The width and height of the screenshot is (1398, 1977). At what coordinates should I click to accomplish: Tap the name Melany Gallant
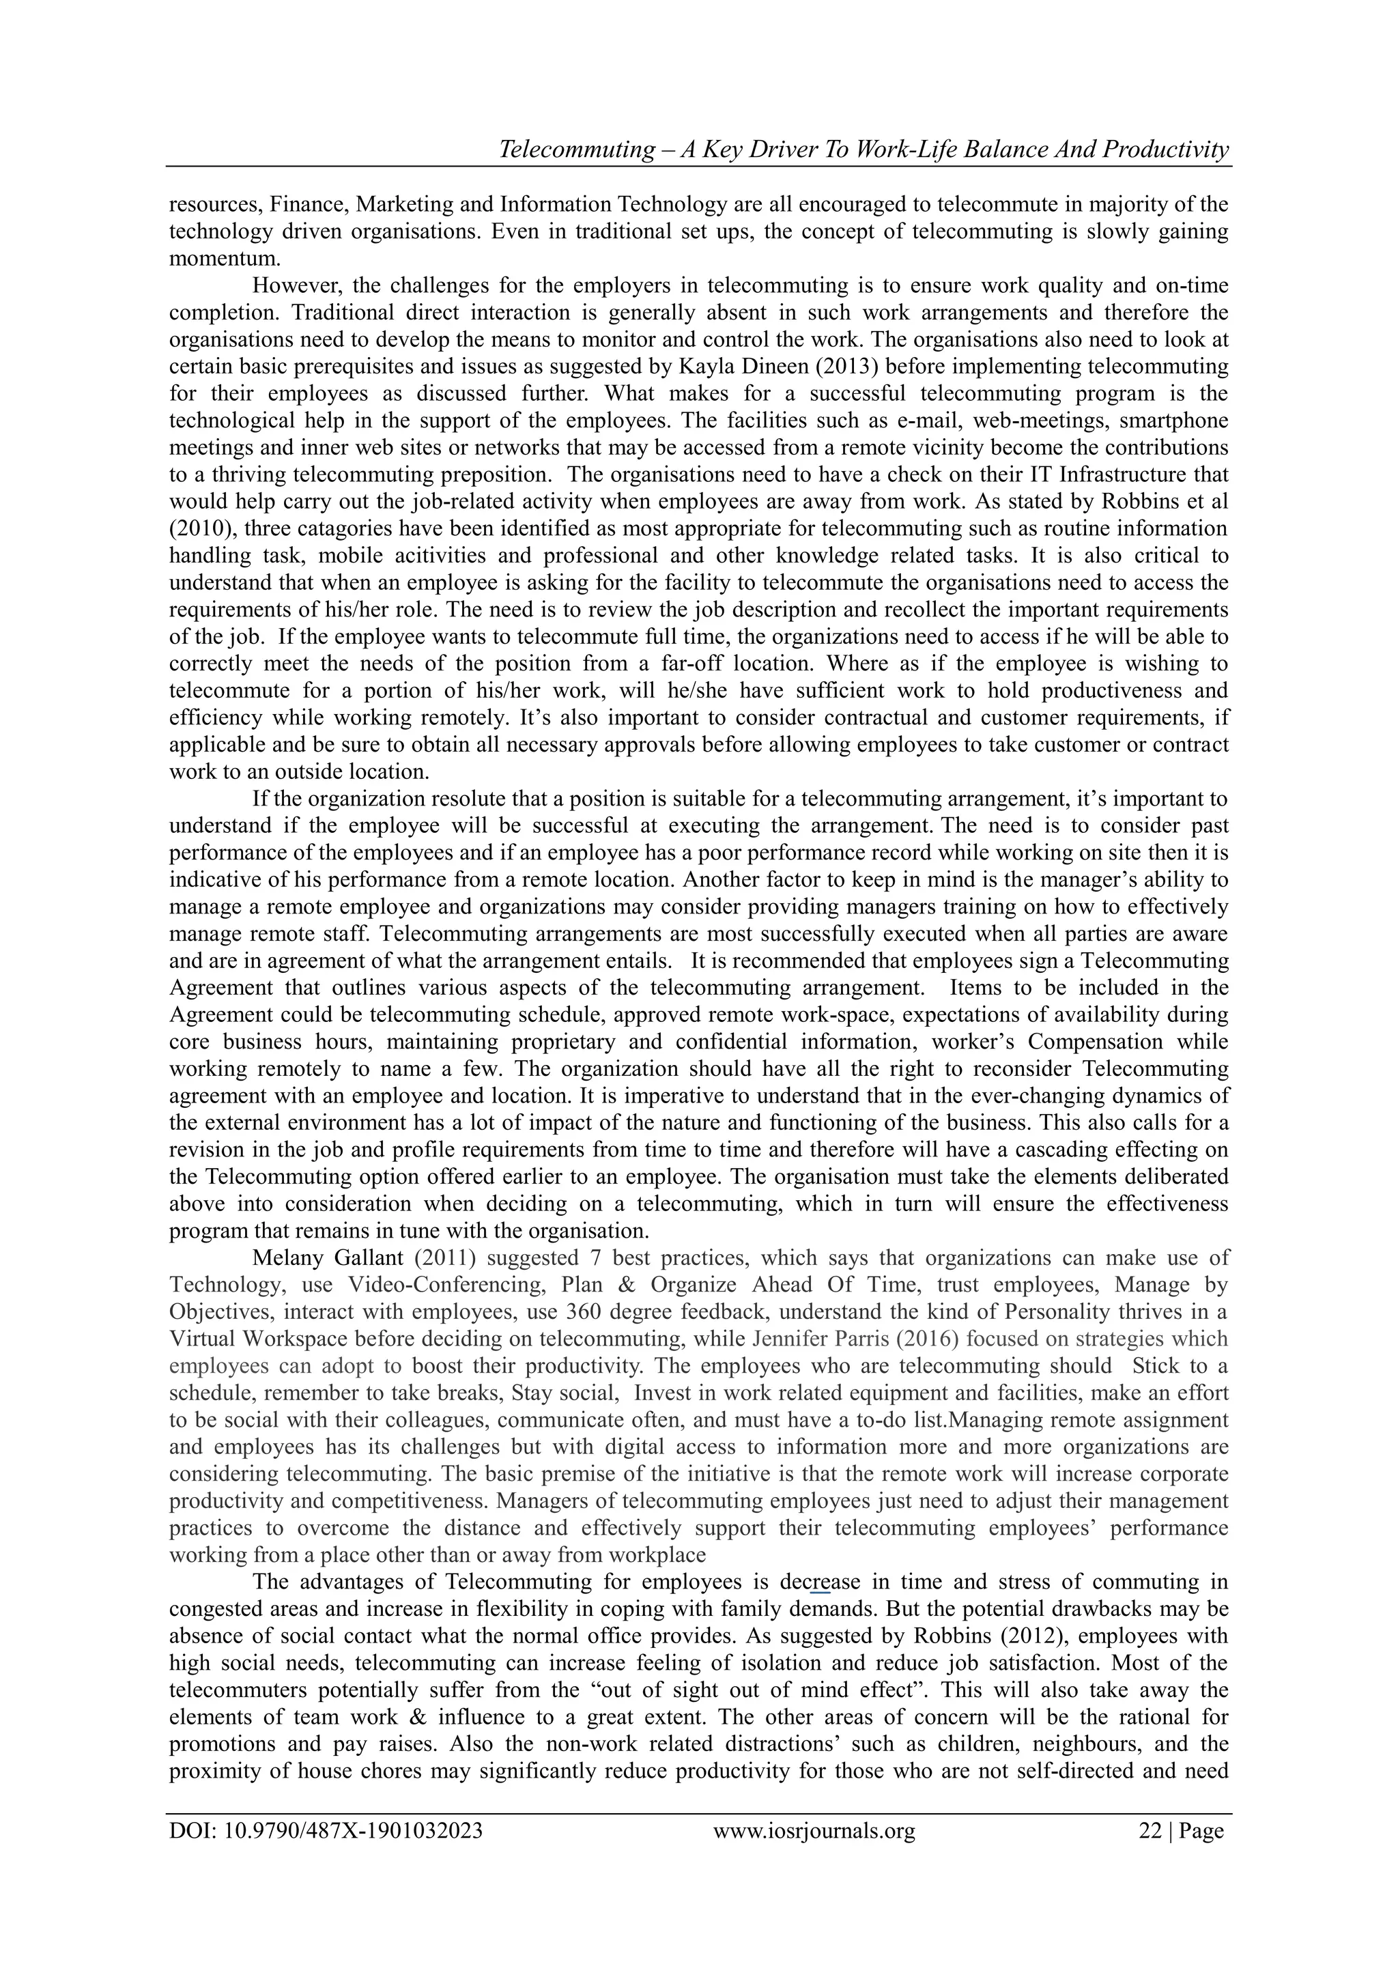[x=327, y=1258]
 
